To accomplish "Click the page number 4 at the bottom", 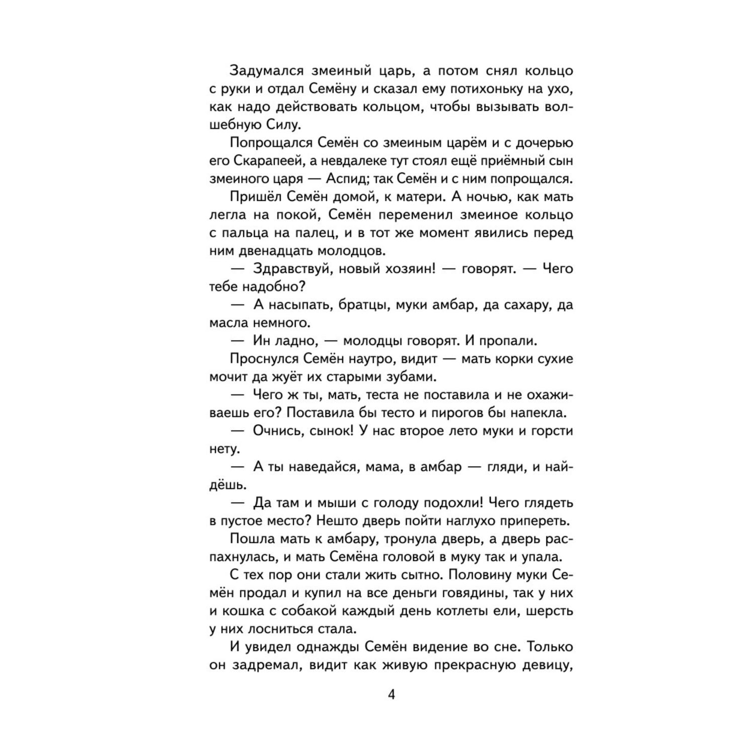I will click(392, 695).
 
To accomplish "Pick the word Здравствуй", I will click(291, 268).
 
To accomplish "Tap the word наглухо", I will click(452, 520).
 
